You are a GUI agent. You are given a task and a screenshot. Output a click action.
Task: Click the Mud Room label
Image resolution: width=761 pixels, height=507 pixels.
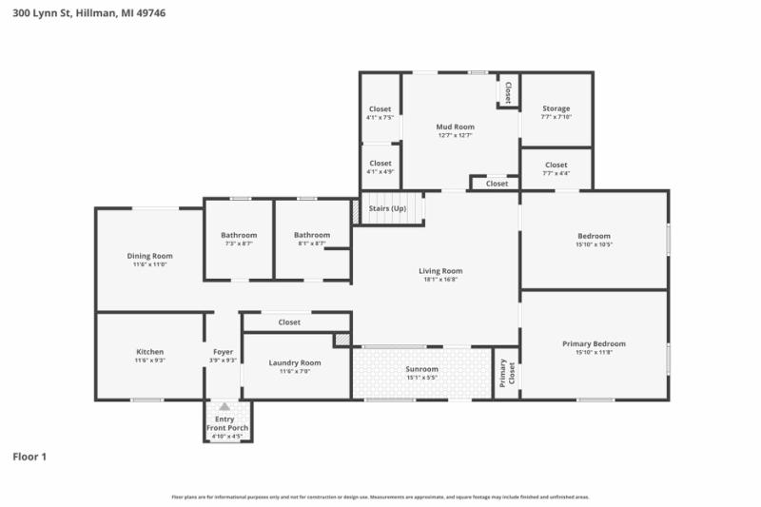(455, 127)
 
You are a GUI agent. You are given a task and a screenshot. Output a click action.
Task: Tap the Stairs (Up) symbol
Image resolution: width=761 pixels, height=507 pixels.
(387, 207)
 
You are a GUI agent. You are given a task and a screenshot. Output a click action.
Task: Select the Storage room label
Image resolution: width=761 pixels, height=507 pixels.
(556, 108)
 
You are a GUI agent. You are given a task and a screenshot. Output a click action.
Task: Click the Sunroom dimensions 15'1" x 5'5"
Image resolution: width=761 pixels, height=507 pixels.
(421, 378)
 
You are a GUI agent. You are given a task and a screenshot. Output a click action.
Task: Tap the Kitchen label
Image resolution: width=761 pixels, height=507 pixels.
(149, 352)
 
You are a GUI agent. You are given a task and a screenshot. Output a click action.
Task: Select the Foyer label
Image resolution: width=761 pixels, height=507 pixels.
(223, 352)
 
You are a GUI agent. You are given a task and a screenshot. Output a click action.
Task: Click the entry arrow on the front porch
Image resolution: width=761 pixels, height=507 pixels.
(224, 406)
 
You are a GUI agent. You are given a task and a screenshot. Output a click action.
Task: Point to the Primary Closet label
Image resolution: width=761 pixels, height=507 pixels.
(505, 373)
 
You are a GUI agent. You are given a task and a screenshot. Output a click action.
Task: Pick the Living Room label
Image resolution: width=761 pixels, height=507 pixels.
(440, 271)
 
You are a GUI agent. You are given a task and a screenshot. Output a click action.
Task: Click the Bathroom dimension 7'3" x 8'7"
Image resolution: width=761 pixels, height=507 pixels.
(239, 244)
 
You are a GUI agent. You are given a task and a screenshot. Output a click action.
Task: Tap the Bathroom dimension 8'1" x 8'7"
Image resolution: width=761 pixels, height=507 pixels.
(312, 244)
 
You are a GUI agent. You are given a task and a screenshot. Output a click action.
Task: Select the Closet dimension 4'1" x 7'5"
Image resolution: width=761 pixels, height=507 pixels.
(380, 118)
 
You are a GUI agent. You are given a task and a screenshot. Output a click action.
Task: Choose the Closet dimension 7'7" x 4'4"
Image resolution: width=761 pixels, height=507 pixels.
(556, 173)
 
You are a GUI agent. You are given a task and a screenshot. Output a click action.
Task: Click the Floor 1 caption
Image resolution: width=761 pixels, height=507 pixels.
(29, 457)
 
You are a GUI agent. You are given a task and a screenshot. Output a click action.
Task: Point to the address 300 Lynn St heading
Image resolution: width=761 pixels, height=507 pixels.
(83, 13)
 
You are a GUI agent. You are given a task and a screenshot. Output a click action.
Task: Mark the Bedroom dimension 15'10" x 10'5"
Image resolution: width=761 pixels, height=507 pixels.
(594, 244)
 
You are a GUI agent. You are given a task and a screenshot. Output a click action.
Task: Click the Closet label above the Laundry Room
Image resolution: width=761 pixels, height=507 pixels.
(289, 322)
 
